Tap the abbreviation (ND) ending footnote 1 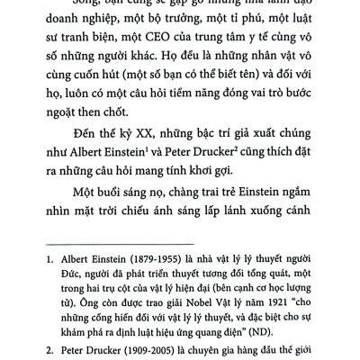coord(284,331)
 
